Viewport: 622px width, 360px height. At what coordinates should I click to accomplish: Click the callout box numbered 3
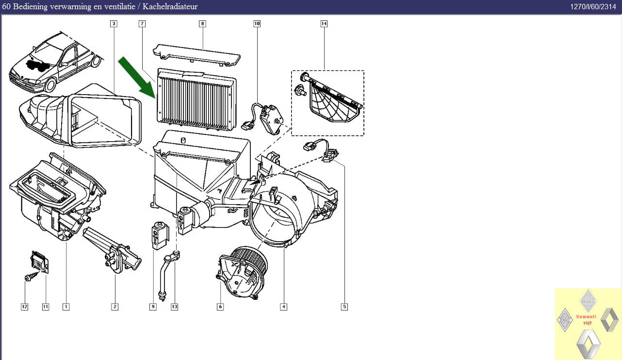(114, 24)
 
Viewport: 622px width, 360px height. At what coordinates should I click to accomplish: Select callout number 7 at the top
(142, 24)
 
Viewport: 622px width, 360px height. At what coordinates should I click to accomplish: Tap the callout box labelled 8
(202, 24)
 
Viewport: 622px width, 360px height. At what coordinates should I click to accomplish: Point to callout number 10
(257, 24)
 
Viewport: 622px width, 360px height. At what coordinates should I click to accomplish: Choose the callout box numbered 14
(324, 24)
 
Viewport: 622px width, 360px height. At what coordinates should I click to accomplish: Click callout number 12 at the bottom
(24, 307)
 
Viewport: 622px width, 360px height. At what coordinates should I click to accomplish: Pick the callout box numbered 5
(344, 307)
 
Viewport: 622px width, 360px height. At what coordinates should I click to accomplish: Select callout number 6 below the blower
(220, 307)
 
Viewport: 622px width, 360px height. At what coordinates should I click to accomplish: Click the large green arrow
(137, 78)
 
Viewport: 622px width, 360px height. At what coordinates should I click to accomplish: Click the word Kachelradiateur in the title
(170, 6)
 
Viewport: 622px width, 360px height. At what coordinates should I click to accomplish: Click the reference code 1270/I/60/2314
(593, 7)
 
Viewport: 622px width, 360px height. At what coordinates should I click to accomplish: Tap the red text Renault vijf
(586, 319)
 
